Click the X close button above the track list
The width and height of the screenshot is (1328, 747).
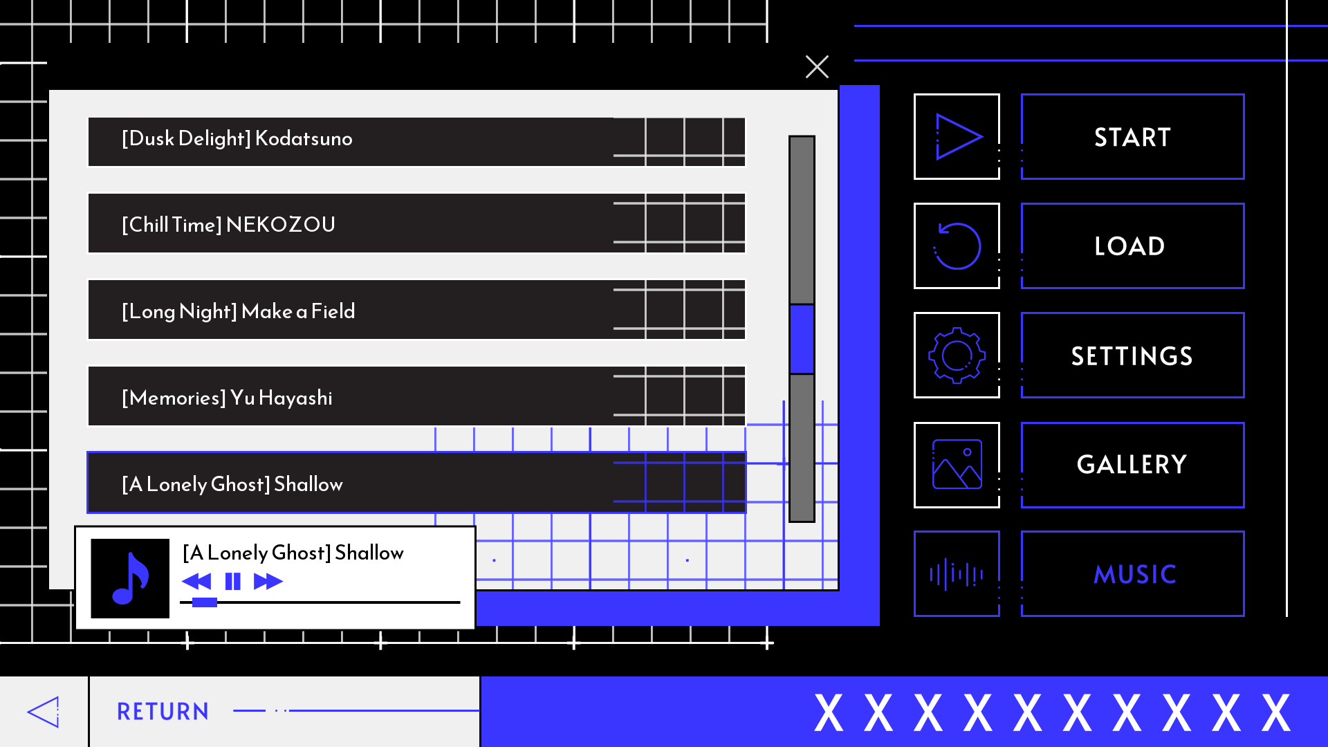click(817, 67)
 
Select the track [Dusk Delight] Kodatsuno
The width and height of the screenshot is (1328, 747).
click(416, 142)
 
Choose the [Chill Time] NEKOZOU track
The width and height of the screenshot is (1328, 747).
click(416, 223)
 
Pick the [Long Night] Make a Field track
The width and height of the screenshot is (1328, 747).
click(416, 310)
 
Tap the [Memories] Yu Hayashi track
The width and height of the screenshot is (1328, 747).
click(416, 396)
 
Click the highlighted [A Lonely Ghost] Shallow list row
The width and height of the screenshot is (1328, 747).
click(416, 483)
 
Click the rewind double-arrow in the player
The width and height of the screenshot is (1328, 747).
click(196, 581)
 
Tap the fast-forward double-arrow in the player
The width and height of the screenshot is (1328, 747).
click(268, 581)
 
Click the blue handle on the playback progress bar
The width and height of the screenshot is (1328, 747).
click(204, 602)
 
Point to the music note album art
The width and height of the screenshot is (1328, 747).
click(130, 578)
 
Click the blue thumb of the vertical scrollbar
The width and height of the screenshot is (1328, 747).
click(802, 339)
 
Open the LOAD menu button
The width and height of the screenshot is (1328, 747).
click(1132, 246)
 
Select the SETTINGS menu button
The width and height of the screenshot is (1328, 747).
click(1132, 355)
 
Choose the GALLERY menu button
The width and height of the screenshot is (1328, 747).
click(1132, 465)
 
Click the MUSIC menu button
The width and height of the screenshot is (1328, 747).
click(1132, 573)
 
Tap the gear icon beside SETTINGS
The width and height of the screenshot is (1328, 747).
click(957, 355)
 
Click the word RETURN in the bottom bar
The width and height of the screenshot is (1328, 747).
click(163, 711)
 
